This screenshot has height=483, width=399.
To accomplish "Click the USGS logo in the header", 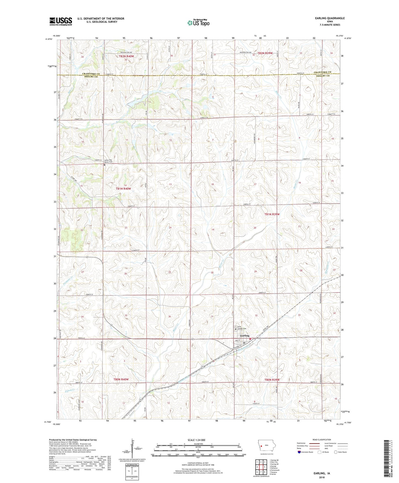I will click(60, 21).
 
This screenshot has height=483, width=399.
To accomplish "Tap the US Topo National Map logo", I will click(198, 23).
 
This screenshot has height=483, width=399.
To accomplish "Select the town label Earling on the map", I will click(245, 336).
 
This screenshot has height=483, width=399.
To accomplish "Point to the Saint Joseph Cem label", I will click(241, 328).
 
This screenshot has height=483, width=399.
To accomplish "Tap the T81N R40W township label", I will click(123, 189).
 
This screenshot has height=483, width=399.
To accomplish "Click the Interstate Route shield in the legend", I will click(299, 452).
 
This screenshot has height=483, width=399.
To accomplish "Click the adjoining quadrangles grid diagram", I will click(261, 468).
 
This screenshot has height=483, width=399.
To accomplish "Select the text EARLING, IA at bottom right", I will click(321, 473).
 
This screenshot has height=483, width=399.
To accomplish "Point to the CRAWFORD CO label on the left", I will click(91, 74).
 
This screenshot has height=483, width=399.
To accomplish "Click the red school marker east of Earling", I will click(250, 339).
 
